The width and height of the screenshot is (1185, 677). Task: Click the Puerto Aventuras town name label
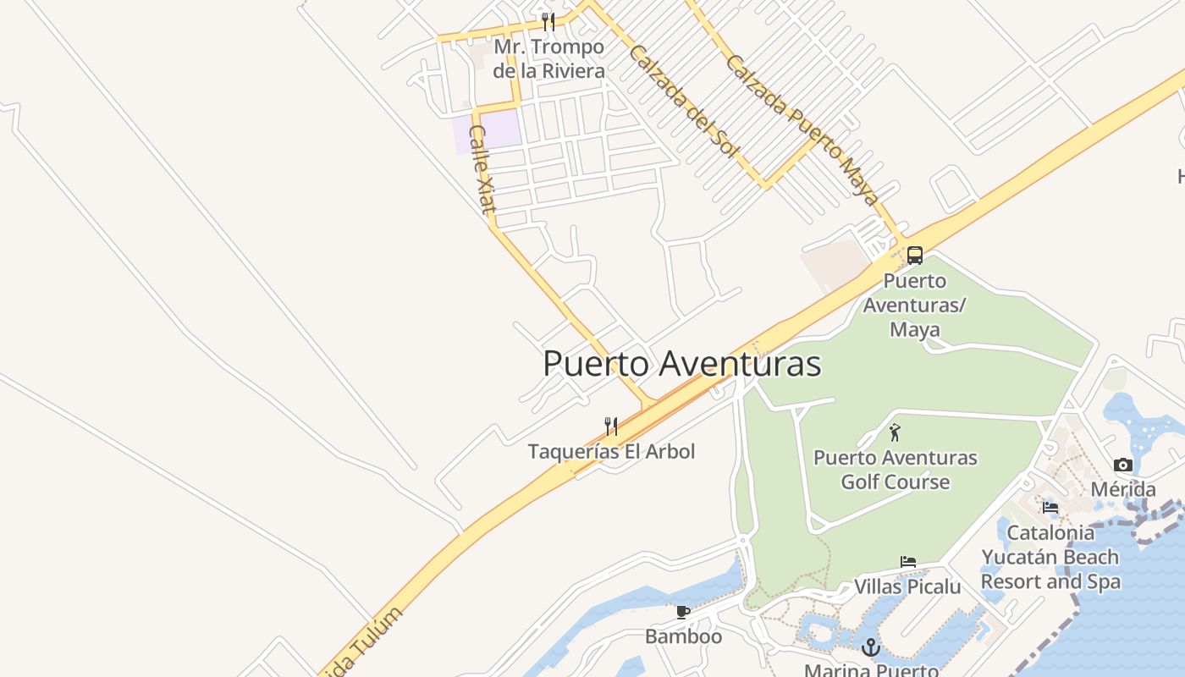pyautogui.click(x=681, y=364)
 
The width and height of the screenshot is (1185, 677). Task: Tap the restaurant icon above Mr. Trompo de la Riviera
pyautogui.click(x=548, y=21)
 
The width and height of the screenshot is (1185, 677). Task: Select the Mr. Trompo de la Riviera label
pyautogui.click(x=548, y=58)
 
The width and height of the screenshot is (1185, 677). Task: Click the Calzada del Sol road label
pyautogui.click(x=683, y=100)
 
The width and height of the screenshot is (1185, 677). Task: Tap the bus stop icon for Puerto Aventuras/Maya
pyautogui.click(x=915, y=256)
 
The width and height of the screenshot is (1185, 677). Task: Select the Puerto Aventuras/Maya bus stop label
pyautogui.click(x=915, y=305)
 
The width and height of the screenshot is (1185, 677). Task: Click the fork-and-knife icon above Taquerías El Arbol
pyautogui.click(x=611, y=426)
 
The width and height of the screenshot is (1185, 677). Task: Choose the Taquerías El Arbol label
pyautogui.click(x=611, y=451)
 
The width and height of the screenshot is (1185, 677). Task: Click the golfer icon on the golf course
pyautogui.click(x=895, y=432)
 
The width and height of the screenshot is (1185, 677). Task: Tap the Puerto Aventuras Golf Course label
pyautogui.click(x=895, y=470)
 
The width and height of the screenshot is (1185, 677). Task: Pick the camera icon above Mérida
pyautogui.click(x=1123, y=465)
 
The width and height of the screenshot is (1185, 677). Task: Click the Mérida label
pyautogui.click(x=1123, y=489)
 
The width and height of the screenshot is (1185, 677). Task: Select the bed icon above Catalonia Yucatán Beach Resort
pyautogui.click(x=1050, y=508)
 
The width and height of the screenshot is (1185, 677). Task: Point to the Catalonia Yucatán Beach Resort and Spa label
pyautogui.click(x=1050, y=557)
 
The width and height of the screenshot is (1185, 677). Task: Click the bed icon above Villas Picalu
pyautogui.click(x=907, y=562)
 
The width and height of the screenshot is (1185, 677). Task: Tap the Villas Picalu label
pyautogui.click(x=907, y=586)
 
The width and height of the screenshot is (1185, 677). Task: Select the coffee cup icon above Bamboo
pyautogui.click(x=683, y=612)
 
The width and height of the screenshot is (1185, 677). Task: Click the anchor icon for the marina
pyautogui.click(x=871, y=648)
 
